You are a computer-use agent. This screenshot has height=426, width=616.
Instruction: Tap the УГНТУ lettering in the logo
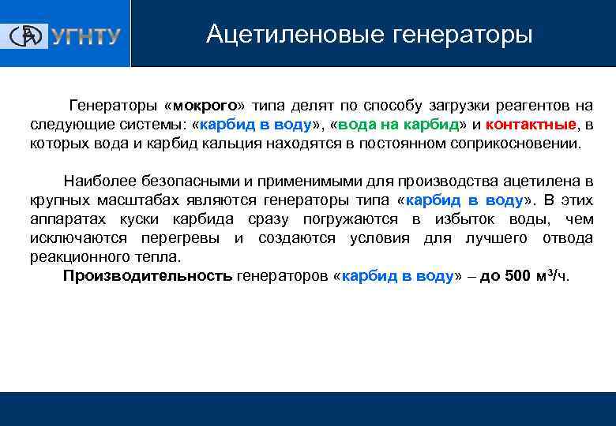point(86,36)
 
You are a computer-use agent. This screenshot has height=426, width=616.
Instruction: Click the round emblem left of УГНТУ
point(29,35)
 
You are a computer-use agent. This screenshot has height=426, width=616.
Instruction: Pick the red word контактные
point(531,125)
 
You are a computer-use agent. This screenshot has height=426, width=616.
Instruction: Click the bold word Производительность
point(148,276)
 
